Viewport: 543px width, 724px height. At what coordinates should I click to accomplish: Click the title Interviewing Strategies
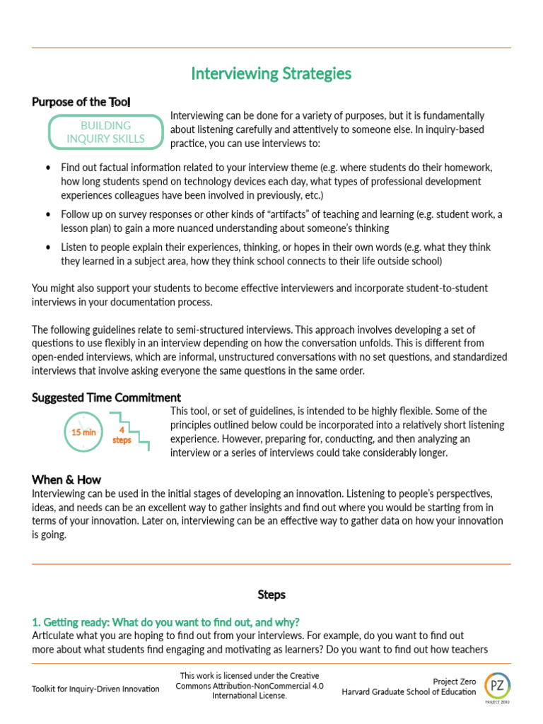click(271, 74)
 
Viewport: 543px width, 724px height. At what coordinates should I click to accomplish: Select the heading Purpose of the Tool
click(81, 102)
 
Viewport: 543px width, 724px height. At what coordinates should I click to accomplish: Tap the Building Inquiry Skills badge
click(105, 132)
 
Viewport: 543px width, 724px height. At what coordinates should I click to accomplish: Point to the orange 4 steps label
click(122, 435)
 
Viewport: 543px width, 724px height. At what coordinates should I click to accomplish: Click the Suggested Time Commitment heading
click(106, 397)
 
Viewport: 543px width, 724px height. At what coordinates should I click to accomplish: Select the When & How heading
click(66, 479)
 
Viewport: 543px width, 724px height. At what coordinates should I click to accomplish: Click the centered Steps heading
click(271, 595)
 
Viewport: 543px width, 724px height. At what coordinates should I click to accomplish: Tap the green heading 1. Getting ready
click(165, 622)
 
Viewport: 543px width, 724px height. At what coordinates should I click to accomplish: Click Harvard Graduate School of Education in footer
click(409, 692)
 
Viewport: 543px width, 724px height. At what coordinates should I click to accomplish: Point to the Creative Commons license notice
click(250, 686)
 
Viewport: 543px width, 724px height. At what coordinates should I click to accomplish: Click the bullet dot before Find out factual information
click(47, 168)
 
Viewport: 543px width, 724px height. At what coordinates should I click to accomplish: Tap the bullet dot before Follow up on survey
click(47, 214)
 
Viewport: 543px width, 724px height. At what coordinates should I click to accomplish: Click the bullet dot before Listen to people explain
click(47, 247)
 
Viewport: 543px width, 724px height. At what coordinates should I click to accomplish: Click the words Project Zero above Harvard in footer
click(454, 682)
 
